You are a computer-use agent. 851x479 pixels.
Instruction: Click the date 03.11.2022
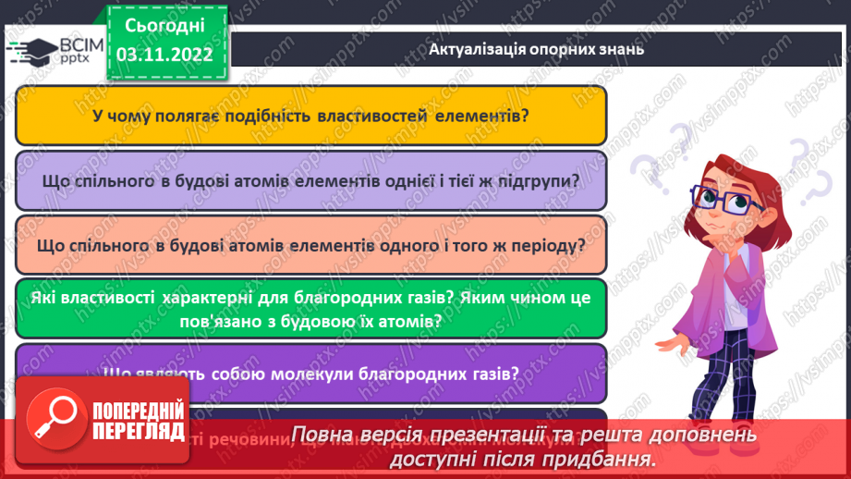(x=165, y=54)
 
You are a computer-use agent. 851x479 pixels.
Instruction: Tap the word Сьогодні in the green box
(x=164, y=24)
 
